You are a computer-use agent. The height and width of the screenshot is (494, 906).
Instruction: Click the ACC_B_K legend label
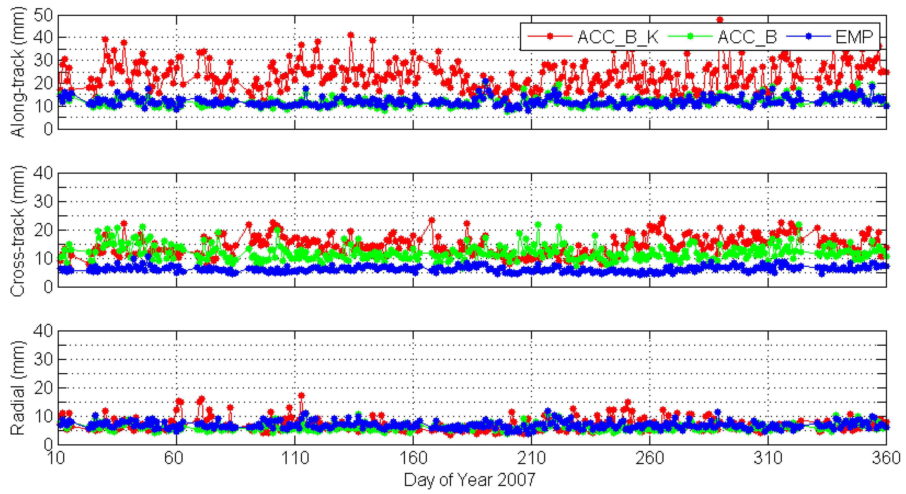coord(618,37)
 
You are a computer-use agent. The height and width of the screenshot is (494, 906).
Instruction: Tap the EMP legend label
coord(854,37)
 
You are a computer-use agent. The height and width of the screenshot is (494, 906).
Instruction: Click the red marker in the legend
coord(550,36)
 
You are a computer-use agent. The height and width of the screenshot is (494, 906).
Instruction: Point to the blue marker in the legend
coord(808,36)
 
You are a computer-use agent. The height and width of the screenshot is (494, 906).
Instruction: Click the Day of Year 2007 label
coord(470,480)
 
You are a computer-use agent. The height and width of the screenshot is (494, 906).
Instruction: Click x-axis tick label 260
coord(650,458)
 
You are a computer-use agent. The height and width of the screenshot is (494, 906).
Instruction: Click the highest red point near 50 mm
coord(720,20)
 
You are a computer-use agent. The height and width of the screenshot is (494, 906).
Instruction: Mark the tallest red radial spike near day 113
coord(301,396)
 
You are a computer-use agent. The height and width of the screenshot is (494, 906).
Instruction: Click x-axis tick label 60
coord(174,458)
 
